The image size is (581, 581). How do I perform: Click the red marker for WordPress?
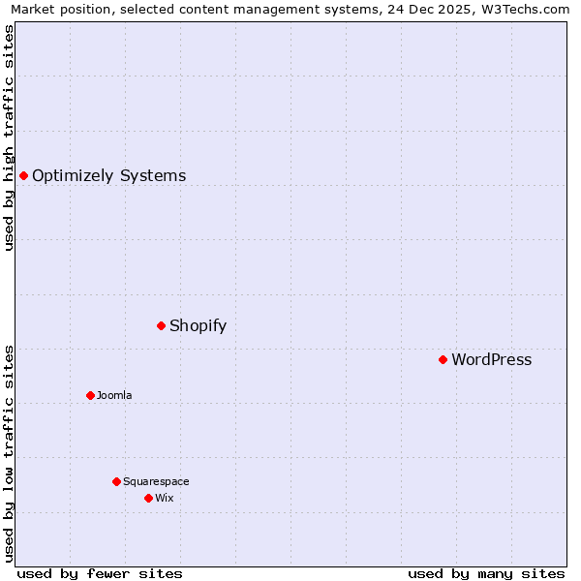coord(443,359)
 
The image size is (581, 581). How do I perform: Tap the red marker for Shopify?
coord(161,325)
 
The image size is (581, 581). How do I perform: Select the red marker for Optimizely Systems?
coord(23,175)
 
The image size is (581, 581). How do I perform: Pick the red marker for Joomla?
coord(90,395)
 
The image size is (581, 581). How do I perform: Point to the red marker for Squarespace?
coord(116,481)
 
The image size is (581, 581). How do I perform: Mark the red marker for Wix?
coord(148,498)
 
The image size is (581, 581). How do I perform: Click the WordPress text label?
coord(491,360)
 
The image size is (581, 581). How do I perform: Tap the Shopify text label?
coord(198,325)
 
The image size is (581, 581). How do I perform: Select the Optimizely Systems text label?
coord(108,176)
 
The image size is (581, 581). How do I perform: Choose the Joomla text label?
coord(114,395)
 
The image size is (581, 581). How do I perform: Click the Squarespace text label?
coord(156,481)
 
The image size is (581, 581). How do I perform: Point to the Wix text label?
coord(164,498)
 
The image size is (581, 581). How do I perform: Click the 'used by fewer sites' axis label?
coord(100,573)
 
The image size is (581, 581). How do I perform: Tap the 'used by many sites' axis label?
coord(486,573)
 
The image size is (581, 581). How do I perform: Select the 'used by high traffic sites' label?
coord(10,138)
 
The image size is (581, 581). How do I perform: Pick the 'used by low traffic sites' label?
coord(10,453)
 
